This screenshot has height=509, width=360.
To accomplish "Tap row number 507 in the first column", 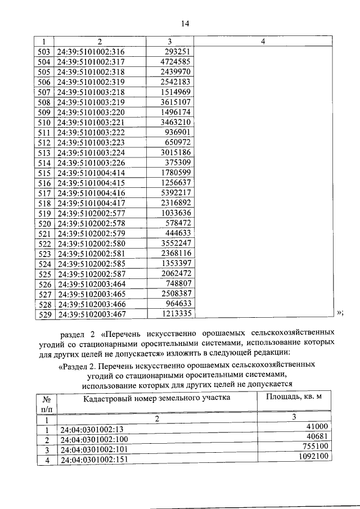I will [x=43, y=92].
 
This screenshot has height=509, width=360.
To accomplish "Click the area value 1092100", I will [x=312, y=457].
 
